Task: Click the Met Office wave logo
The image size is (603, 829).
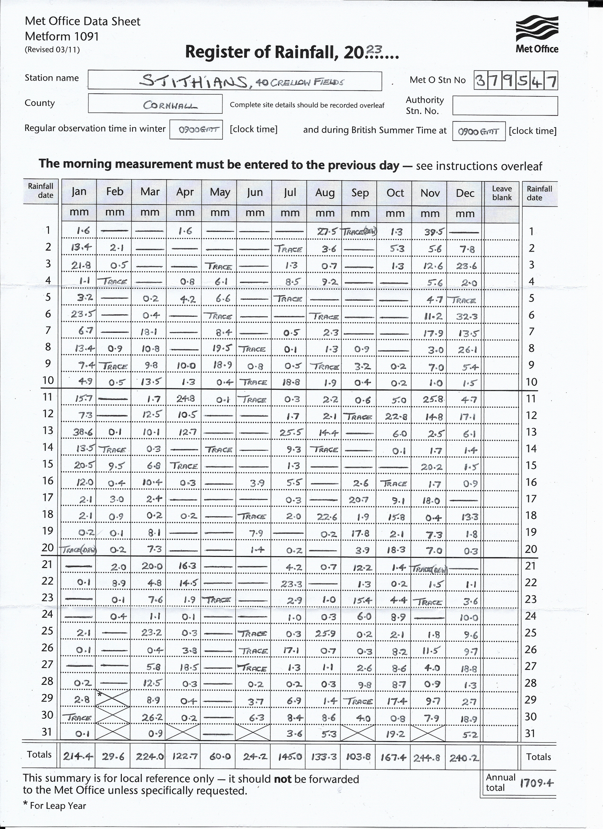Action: coord(537,28)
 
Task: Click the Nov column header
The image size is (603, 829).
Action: coord(430,193)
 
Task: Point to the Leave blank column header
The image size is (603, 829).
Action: coord(502,193)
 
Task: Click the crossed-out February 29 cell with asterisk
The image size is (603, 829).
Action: coord(113,698)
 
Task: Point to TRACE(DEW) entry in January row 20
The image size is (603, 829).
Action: coord(79,550)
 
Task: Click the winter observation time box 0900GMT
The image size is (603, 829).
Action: coord(196,130)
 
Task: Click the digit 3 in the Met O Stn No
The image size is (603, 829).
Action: coord(481,80)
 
